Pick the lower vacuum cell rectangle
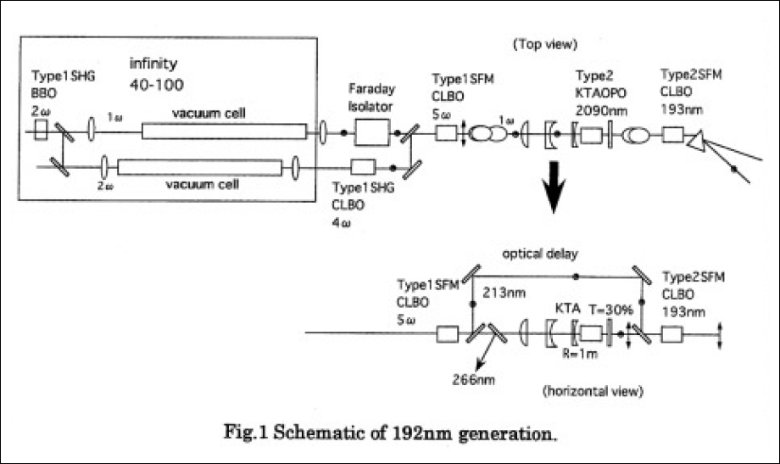pos(200,166)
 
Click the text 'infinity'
pos(153,64)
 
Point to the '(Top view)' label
pos(543,41)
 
